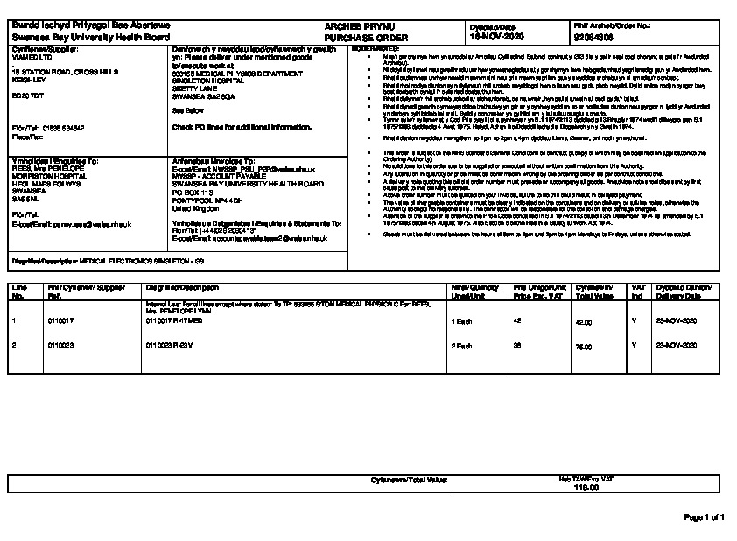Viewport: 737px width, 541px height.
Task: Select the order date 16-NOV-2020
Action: point(496,39)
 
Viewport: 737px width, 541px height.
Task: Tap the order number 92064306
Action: point(595,39)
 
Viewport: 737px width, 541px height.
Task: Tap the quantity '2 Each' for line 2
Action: point(461,346)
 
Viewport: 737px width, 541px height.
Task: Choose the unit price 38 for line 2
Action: point(517,346)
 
